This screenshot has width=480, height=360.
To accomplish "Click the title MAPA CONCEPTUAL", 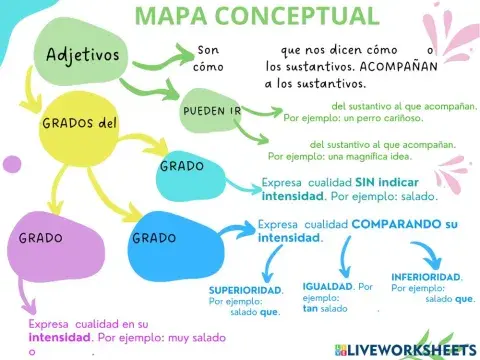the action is (x=257, y=16).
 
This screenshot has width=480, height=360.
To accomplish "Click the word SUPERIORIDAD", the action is (x=245, y=290).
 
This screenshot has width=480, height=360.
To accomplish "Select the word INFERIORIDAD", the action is (x=427, y=276).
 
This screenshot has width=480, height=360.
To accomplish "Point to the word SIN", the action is (x=364, y=183).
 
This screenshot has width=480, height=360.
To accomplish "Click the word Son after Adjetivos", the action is (x=207, y=50).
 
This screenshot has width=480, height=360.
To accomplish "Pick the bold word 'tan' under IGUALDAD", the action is (x=311, y=308).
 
